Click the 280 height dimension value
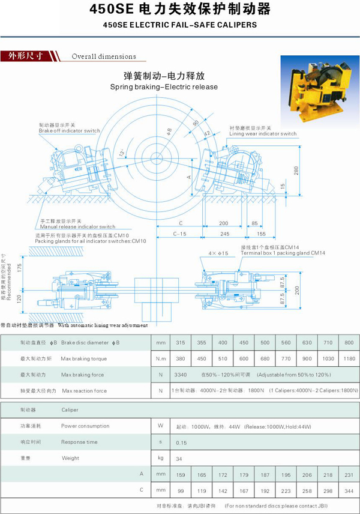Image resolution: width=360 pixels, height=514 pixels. [295, 171]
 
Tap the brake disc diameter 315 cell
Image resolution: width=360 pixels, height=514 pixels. [179, 342]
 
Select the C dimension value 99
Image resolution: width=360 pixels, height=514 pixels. [179, 490]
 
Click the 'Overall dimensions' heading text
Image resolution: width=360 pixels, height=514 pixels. [104, 57]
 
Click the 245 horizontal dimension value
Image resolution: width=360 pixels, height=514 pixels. [225, 233]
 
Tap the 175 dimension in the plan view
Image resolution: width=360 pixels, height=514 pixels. [19, 267]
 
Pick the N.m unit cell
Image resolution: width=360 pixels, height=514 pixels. [160, 358]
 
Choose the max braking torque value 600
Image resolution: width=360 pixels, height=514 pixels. [244, 358]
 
